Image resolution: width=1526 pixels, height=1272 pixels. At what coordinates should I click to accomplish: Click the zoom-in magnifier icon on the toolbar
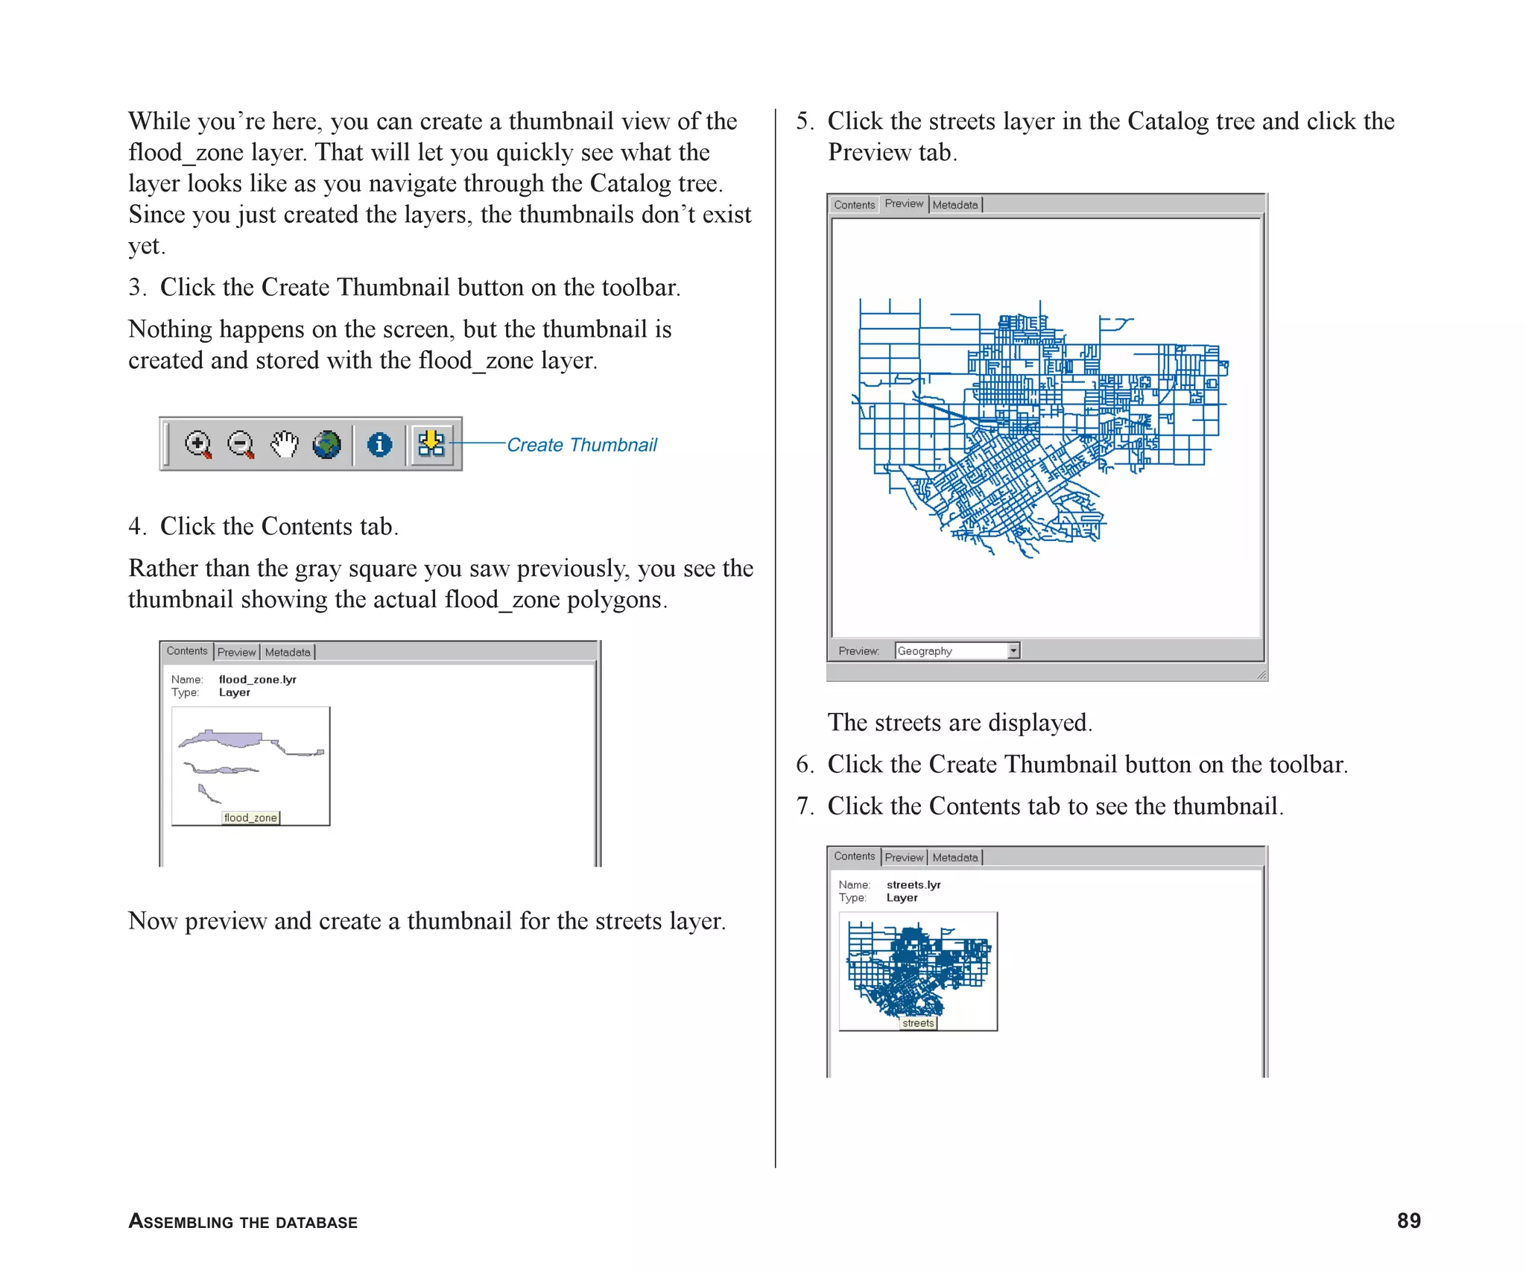pyautogui.click(x=197, y=445)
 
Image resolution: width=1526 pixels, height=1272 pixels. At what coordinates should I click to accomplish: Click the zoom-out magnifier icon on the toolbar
pyautogui.click(x=241, y=445)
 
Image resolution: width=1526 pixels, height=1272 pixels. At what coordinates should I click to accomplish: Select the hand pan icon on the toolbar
pyautogui.click(x=284, y=445)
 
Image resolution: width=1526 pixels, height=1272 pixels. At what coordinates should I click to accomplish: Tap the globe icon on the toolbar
pyautogui.click(x=326, y=445)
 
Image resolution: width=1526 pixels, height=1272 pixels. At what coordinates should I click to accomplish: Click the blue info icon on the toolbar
pyautogui.click(x=379, y=445)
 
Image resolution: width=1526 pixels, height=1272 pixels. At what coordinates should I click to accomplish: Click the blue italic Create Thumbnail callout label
pyautogui.click(x=582, y=445)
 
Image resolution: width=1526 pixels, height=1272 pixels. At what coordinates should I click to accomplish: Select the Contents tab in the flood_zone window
pyautogui.click(x=187, y=651)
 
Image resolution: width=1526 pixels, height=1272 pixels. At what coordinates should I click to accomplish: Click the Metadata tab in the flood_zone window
pyautogui.click(x=288, y=653)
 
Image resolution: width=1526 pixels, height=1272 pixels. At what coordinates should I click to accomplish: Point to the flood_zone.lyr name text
pyautogui.click(x=258, y=680)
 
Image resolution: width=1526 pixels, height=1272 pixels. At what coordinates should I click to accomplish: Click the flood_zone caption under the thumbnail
pyautogui.click(x=250, y=817)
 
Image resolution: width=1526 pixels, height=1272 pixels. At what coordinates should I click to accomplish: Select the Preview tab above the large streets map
pyautogui.click(x=904, y=203)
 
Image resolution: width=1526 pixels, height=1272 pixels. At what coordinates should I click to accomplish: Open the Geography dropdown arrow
pyautogui.click(x=1013, y=651)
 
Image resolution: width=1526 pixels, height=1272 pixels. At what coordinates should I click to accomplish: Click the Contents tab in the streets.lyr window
pyautogui.click(x=854, y=856)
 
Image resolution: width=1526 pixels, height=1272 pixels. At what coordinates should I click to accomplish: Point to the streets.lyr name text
pyautogui.click(x=914, y=885)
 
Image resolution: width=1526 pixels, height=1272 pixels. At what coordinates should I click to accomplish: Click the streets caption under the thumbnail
pyautogui.click(x=918, y=1023)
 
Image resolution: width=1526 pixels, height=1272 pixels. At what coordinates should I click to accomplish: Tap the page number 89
pyautogui.click(x=1408, y=1221)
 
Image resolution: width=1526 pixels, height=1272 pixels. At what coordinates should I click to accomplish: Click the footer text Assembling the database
pyautogui.click(x=243, y=1222)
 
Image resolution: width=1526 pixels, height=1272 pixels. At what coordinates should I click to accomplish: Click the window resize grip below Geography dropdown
pyautogui.click(x=1261, y=674)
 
